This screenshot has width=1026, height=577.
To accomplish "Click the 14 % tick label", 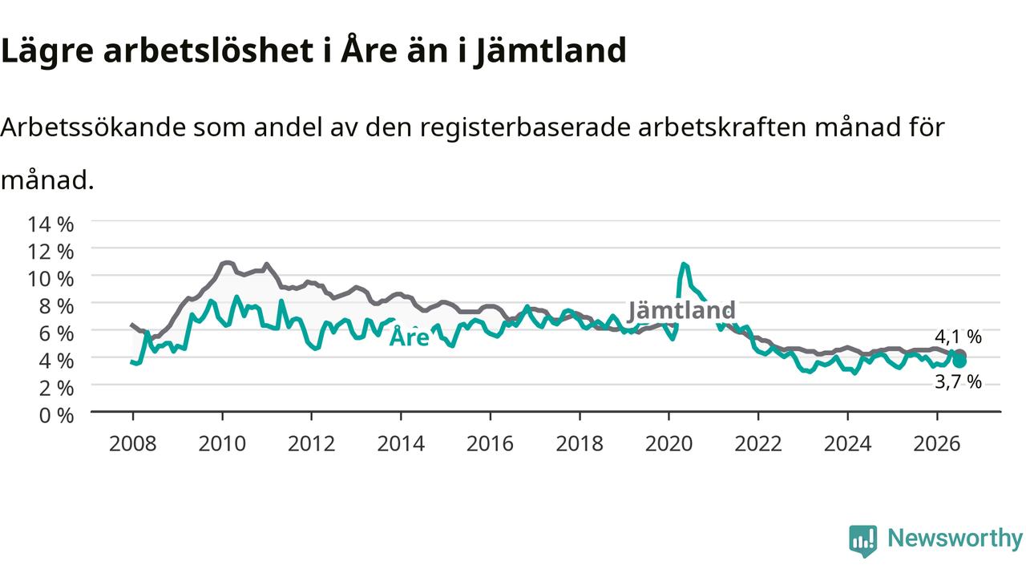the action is coord(50,224).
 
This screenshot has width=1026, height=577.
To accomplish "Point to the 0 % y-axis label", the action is coord(56,416).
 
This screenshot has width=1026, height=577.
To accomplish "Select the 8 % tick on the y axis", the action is coord(56,306).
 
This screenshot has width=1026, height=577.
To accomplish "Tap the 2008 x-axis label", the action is coord(132,444).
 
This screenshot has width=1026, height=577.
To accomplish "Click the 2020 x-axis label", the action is coord(669,444).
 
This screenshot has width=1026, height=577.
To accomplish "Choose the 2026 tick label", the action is coord(937,444).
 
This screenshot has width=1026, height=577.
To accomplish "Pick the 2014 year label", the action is coord(401,444).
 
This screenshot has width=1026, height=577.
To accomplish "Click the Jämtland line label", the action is coord(681,310).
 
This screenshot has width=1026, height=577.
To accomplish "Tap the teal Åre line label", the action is coord(410,337).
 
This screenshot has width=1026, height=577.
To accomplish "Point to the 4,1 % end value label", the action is coord(958,337).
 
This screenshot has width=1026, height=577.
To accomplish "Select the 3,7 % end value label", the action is coord(958,382).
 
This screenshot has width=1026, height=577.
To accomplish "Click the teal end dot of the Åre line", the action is coord(959,361).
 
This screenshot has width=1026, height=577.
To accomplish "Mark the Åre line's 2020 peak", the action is coord(684,264).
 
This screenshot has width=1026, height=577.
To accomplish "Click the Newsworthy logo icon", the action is coord(863,541).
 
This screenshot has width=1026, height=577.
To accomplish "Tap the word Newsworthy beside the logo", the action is coord(955,539).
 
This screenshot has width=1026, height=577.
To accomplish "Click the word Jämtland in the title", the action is coord(550,51).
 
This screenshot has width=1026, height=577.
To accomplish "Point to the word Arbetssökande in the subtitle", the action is coord(93,127).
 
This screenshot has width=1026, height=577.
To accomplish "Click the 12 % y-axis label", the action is coord(50,252).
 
